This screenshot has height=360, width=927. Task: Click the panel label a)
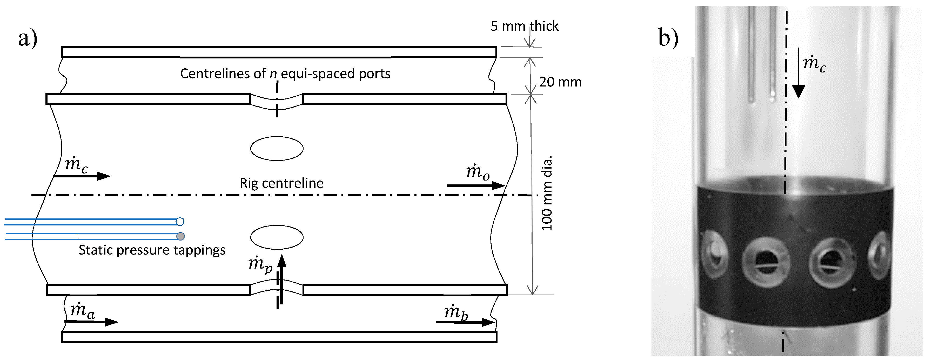(28, 38)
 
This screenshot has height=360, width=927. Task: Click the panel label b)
(668, 37)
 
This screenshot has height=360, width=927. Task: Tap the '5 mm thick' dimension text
(524, 26)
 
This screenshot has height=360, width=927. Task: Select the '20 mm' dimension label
(560, 82)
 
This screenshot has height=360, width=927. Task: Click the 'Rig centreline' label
(281, 183)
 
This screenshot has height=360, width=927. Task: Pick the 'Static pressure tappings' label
(152, 250)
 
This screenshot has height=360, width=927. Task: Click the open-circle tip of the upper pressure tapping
(180, 221)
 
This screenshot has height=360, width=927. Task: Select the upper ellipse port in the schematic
(277, 148)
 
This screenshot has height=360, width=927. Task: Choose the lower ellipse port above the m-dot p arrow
(277, 237)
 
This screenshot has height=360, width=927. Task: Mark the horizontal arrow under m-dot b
(465, 322)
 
